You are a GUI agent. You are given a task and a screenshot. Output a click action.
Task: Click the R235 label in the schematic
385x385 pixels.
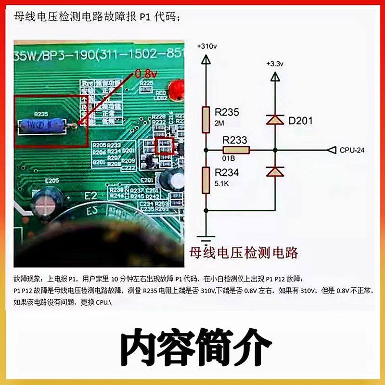227,112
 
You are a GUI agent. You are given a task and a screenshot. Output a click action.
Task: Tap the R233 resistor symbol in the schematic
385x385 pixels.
236,150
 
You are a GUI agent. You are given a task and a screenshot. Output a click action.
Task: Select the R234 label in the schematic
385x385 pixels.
227,172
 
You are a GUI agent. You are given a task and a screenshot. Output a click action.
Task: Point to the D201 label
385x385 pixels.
300,120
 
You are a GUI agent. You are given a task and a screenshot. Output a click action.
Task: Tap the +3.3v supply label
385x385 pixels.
275,64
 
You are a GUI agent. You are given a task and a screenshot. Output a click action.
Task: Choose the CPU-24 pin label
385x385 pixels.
352,150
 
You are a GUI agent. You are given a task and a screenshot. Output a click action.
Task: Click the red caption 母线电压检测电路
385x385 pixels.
244,252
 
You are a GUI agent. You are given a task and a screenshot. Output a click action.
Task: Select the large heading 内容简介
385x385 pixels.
192,345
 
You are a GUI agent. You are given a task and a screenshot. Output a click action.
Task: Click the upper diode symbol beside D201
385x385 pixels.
275,120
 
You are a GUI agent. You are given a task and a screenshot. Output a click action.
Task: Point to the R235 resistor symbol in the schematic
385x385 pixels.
205,120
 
